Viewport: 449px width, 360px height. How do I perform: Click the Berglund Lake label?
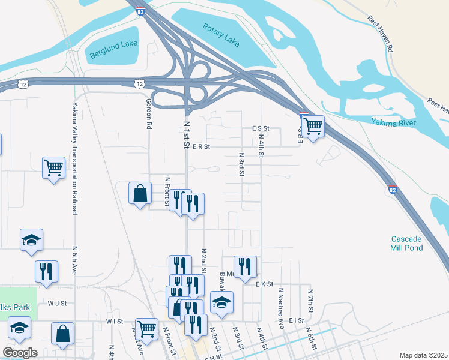click(114, 50)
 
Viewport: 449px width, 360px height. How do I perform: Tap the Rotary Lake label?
click(221, 34)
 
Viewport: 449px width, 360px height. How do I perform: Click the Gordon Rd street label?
click(148, 114)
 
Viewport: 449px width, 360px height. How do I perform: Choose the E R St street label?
click(201, 146)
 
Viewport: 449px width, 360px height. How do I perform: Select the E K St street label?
click(264, 284)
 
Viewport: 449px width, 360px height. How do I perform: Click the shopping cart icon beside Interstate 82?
click(312, 127)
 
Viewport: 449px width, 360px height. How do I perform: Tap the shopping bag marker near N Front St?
click(140, 194)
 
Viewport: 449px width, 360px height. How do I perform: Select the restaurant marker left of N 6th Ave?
click(46, 271)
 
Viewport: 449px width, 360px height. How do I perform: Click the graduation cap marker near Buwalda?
click(221, 302)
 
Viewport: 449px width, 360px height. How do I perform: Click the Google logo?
click(20, 352)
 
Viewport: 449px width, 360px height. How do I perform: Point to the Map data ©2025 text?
click(423, 355)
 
